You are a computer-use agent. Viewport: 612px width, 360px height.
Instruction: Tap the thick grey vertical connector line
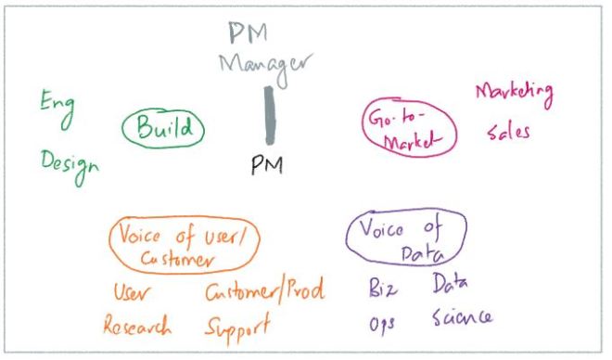tap(267, 116)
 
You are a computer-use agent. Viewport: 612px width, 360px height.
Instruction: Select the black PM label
tap(267, 165)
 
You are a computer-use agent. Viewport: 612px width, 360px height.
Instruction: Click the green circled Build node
tap(163, 131)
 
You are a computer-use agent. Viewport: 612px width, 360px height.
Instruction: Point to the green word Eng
tap(55, 104)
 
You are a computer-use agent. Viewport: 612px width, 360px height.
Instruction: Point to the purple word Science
tap(463, 320)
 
